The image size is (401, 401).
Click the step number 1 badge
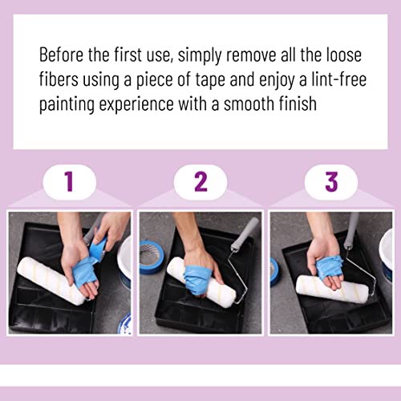[x=69, y=182]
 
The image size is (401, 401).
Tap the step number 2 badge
[x=200, y=182]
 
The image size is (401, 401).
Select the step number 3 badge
[x=331, y=182]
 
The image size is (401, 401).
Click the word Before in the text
[x=63, y=57]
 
